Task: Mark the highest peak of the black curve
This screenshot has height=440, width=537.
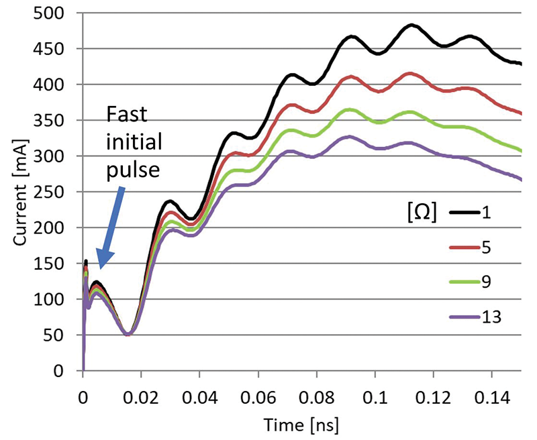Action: (x=412, y=25)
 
